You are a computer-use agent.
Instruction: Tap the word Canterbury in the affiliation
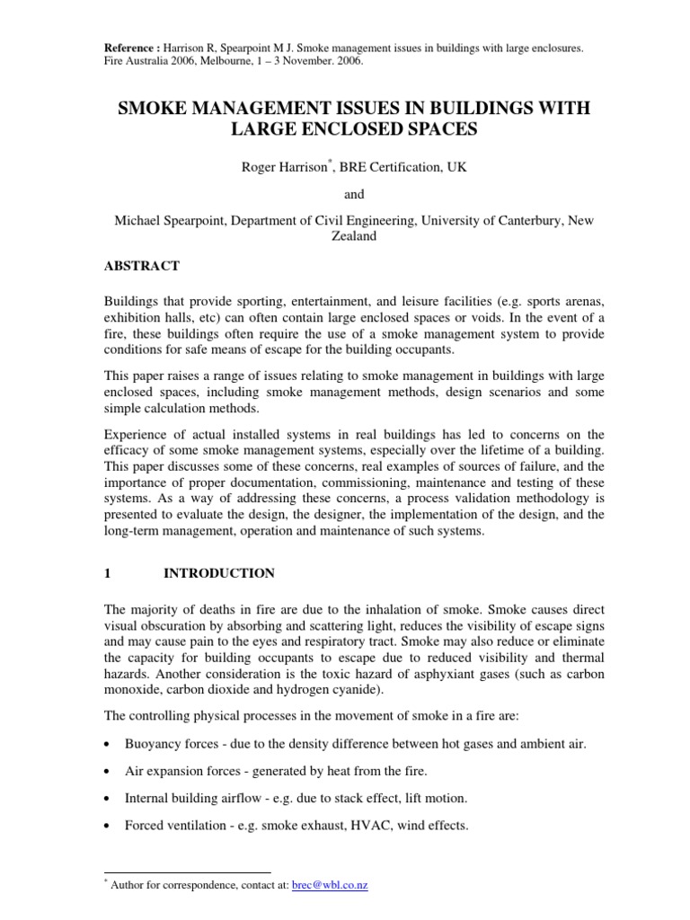[x=529, y=221]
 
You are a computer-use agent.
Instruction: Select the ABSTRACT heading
[x=146, y=266]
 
